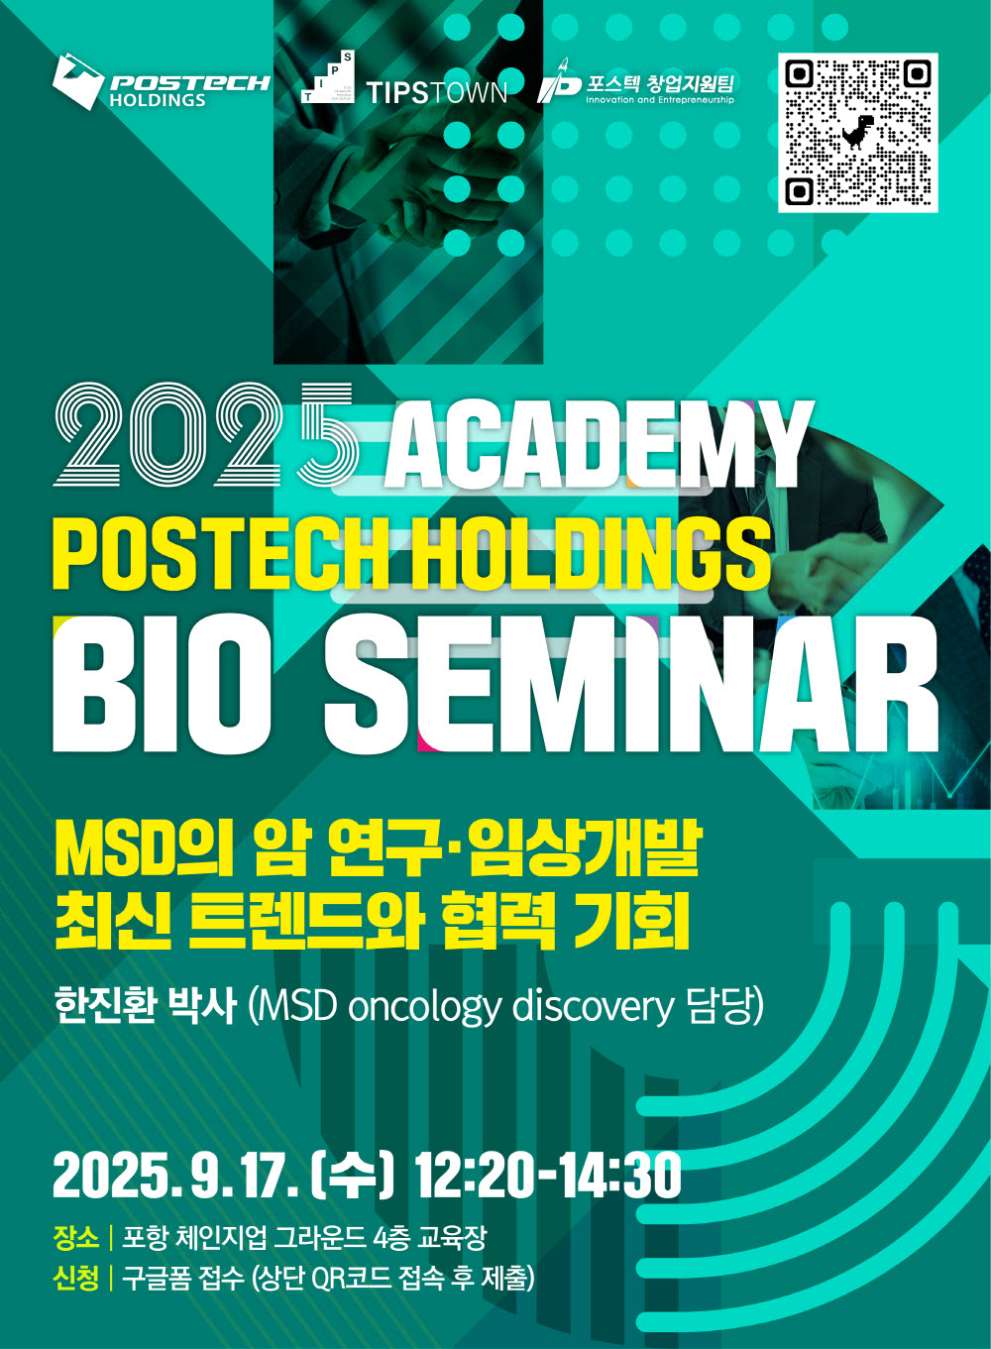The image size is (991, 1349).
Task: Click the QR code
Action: (858, 133)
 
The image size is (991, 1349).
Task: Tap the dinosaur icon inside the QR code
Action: (857, 132)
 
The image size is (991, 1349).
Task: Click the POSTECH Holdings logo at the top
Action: (162, 82)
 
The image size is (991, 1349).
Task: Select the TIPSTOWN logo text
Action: (436, 93)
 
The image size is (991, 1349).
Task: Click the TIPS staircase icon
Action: (327, 76)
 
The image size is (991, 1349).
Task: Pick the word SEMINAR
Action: (631, 684)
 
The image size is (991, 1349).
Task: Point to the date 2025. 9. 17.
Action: (175, 1177)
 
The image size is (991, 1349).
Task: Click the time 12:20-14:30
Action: (548, 1177)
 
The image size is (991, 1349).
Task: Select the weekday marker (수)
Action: (351, 1177)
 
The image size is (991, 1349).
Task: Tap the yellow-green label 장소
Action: (76, 1238)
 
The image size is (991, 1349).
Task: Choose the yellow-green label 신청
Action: (76, 1279)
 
